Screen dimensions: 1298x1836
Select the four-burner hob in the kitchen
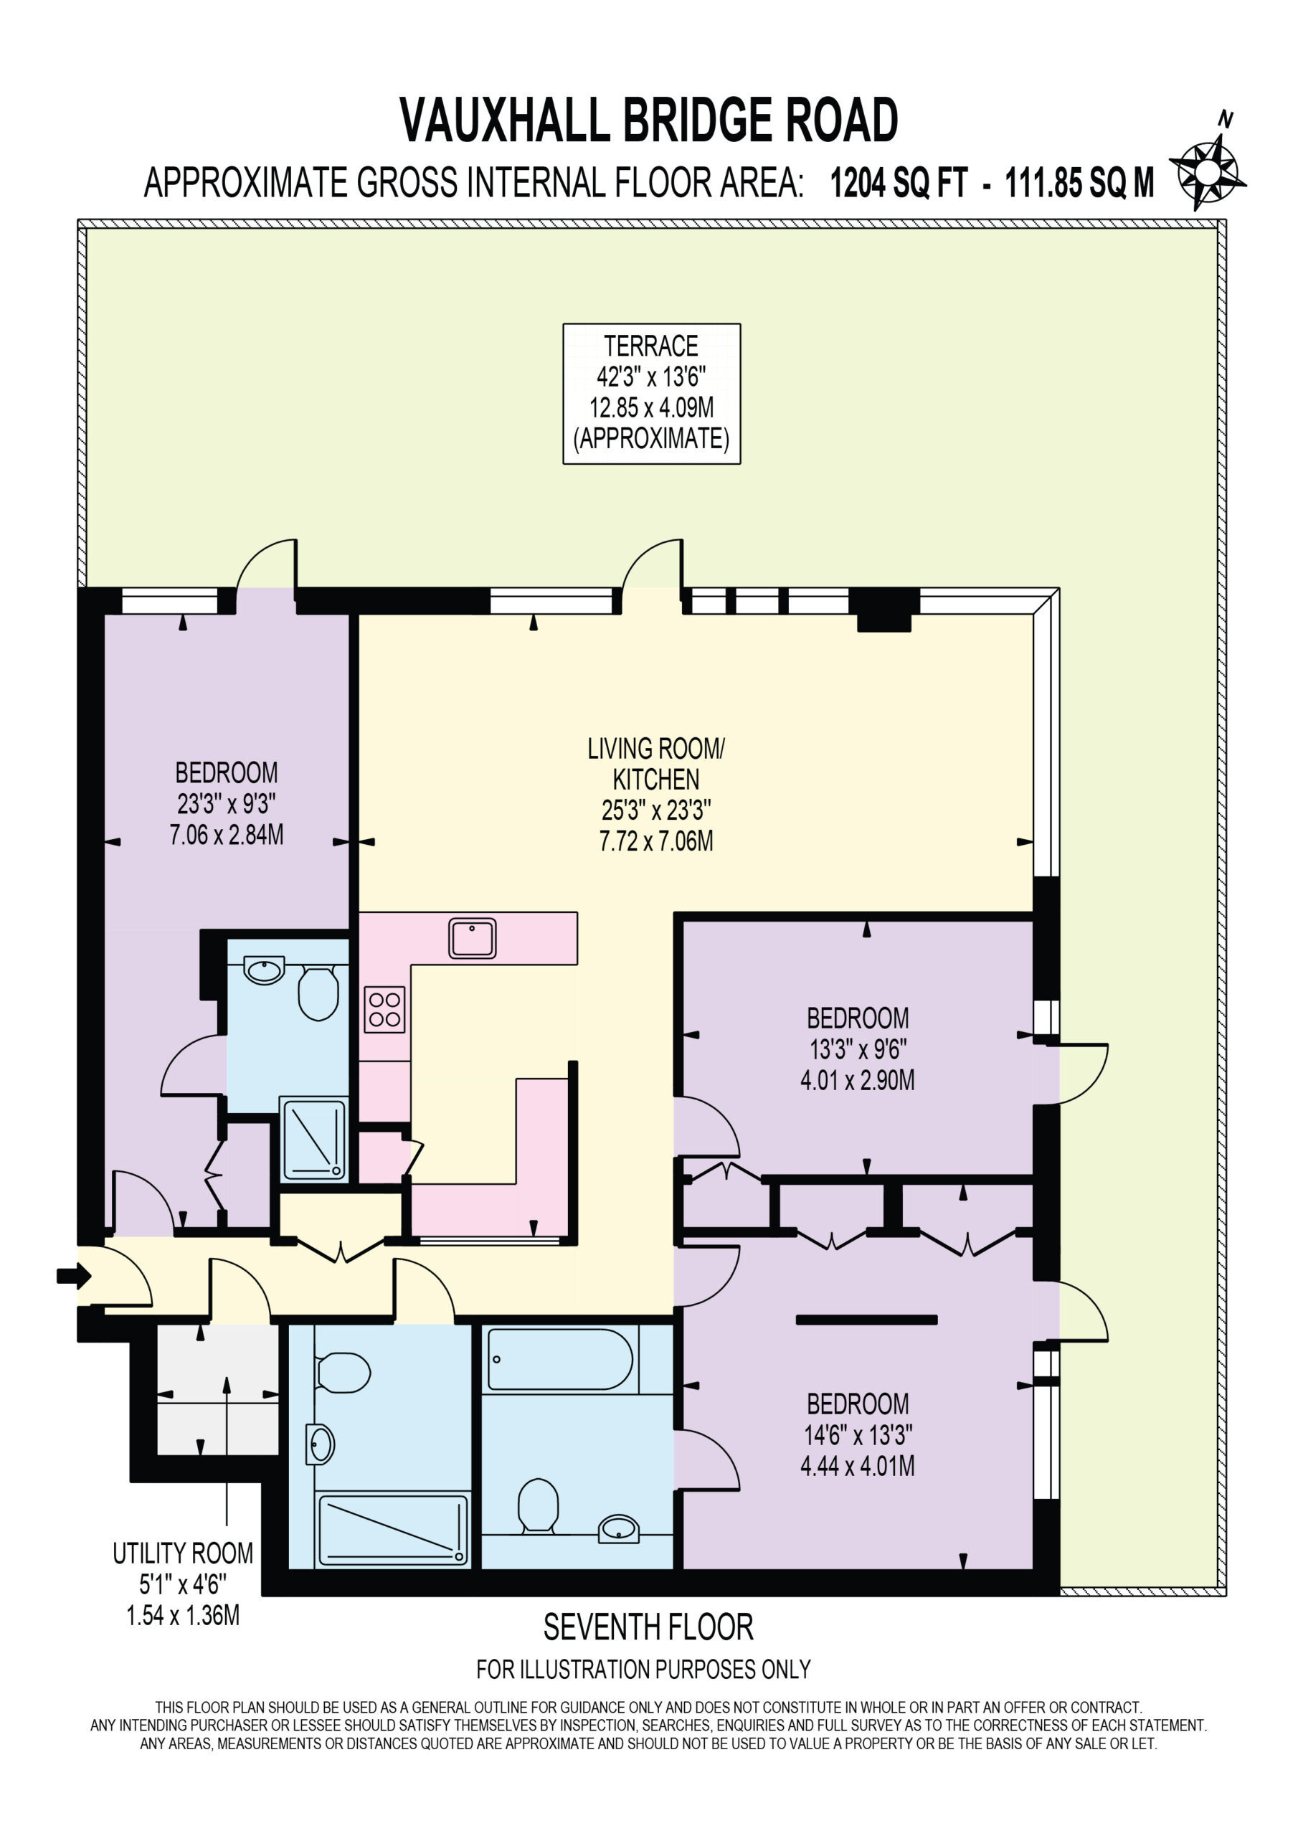click(384, 1009)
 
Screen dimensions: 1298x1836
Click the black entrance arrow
click(75, 1277)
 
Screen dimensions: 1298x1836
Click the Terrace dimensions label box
click(652, 394)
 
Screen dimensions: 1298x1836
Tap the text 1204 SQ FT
click(899, 183)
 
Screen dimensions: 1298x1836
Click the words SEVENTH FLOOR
click(648, 1627)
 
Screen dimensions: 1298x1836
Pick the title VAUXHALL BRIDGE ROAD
click(648, 120)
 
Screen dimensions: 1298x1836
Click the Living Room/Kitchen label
click(655, 764)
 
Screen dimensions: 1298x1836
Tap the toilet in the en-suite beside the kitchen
click(318, 994)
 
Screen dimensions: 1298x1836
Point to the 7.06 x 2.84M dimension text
click(227, 835)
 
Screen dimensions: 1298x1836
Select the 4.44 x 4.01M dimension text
click(858, 1466)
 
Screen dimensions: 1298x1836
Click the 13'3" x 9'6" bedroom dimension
click(858, 1049)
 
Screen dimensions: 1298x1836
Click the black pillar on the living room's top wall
click(884, 610)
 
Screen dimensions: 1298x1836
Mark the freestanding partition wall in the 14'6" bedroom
click(866, 1320)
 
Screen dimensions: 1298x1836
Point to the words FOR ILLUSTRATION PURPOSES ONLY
click(644, 1670)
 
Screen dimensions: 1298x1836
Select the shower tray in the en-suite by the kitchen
click(313, 1140)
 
